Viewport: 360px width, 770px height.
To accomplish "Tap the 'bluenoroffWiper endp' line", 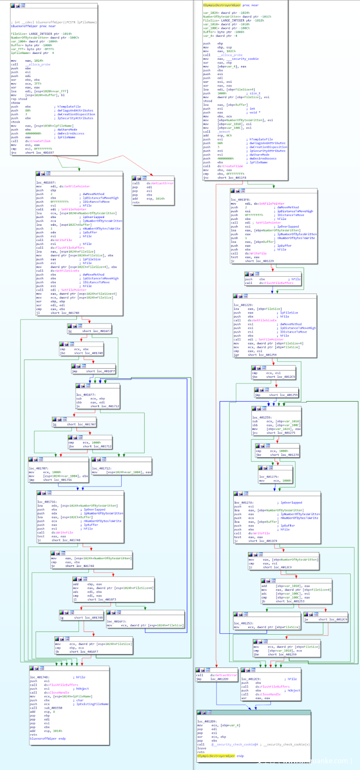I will (48, 738).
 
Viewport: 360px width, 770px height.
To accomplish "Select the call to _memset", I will (217, 131).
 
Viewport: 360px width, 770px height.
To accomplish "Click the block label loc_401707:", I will (39, 468).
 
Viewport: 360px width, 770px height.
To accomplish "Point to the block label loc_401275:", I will (269, 476).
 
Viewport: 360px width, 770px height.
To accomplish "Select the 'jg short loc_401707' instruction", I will (77, 424).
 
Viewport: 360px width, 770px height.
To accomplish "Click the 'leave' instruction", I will (201, 748).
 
